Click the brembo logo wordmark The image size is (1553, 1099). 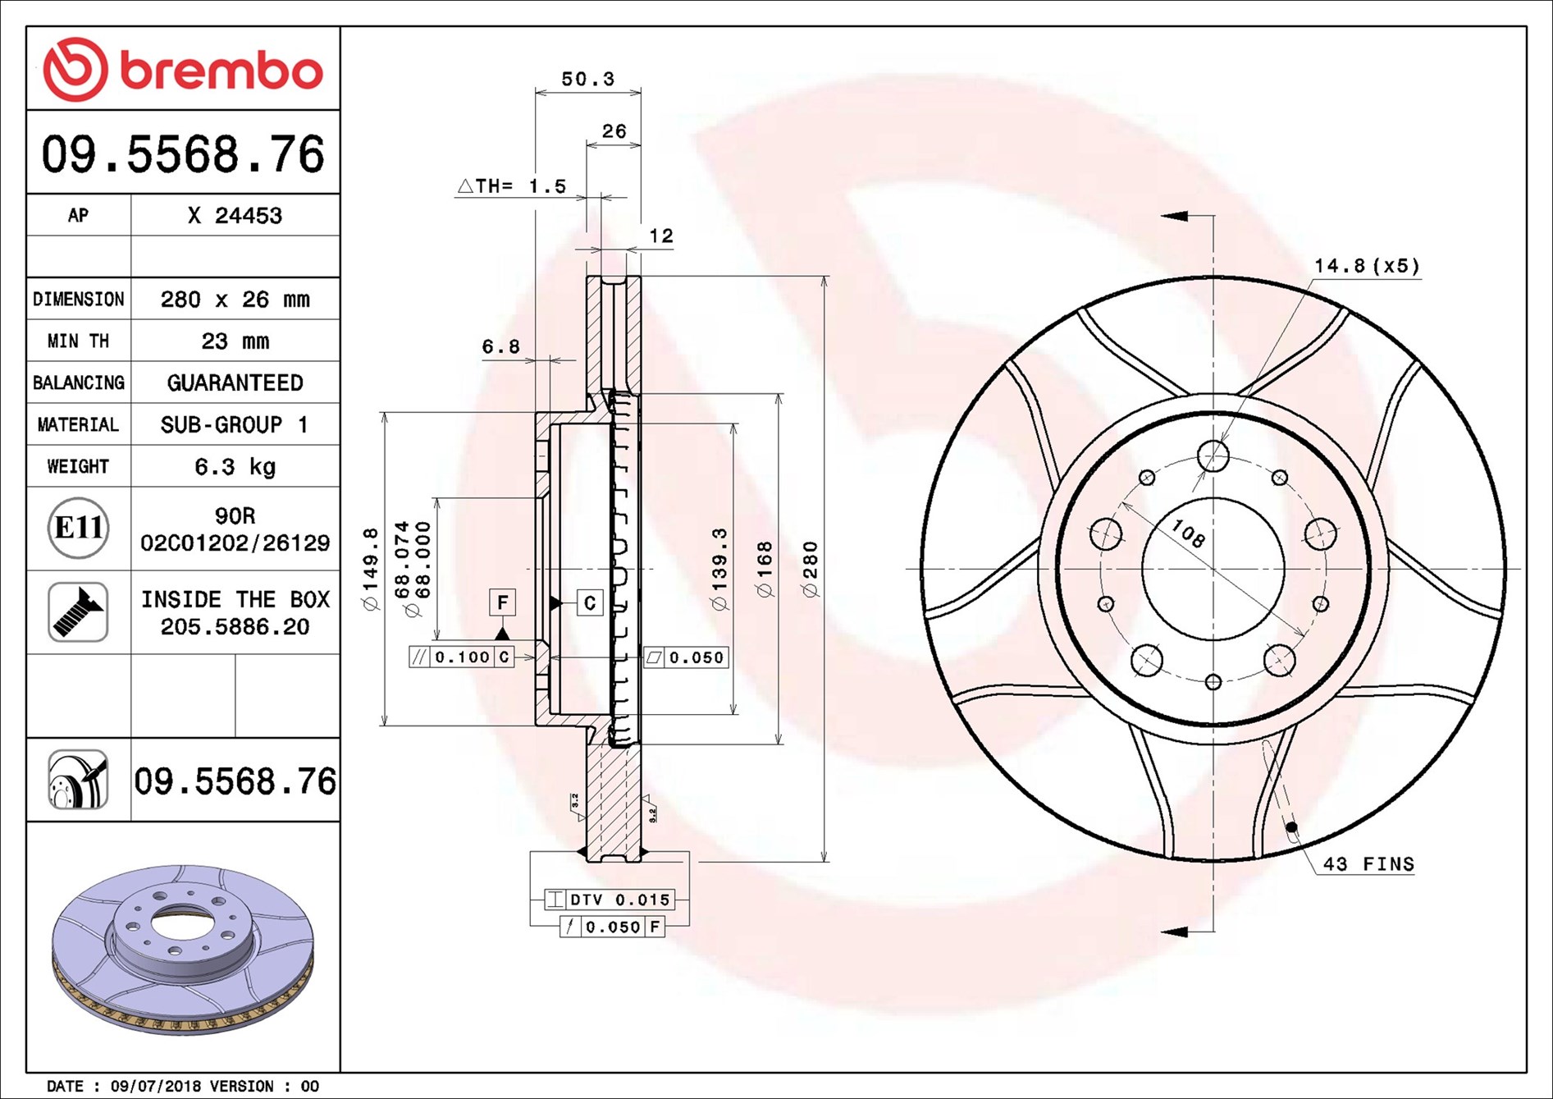(222, 71)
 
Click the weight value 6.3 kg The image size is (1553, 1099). (235, 467)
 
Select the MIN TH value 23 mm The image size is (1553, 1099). (235, 341)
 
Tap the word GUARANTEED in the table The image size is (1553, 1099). (235, 383)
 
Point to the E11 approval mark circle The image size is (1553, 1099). (78, 528)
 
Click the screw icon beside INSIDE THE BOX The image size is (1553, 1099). (78, 612)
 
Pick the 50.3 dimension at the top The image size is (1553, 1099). (587, 79)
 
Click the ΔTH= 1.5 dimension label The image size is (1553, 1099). (511, 186)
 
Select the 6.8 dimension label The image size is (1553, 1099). (500, 347)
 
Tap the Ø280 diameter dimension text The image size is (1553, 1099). (810, 570)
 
